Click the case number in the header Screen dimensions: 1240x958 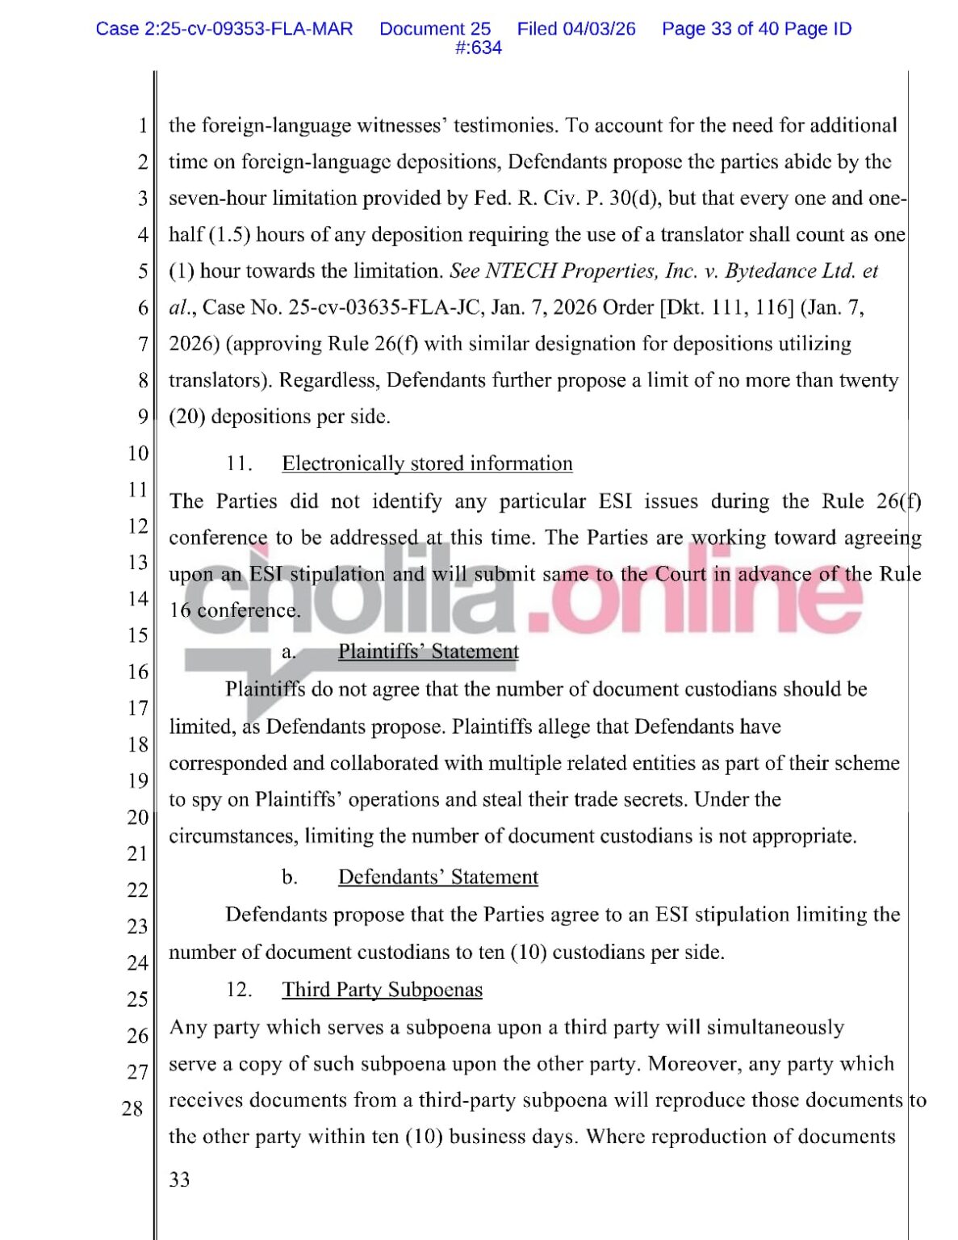click(x=224, y=29)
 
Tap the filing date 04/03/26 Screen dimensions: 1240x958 click(x=600, y=29)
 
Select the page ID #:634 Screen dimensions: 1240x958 click(x=478, y=48)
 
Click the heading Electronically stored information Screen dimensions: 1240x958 click(x=427, y=463)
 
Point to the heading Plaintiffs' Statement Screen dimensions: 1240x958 click(x=428, y=651)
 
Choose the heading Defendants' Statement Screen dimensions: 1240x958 click(x=437, y=877)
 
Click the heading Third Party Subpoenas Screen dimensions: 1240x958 click(x=382, y=990)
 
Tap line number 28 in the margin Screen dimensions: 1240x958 click(x=133, y=1108)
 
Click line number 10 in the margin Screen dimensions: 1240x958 click(x=138, y=453)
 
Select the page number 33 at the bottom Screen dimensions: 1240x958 click(x=179, y=1179)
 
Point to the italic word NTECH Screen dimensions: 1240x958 click(x=521, y=271)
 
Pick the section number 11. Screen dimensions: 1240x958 click(x=239, y=463)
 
